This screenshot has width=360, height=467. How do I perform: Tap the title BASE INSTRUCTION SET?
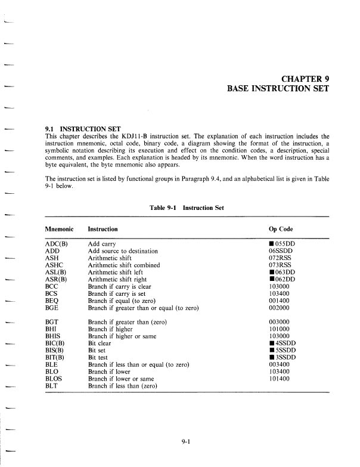click(278, 89)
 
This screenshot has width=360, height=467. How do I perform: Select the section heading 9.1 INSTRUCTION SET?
click(83, 129)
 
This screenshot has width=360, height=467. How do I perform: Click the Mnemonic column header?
click(61, 229)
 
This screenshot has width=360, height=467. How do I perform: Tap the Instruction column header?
click(103, 229)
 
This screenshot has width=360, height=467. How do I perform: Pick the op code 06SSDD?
click(281, 251)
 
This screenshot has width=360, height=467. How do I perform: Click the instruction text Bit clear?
click(100, 344)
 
